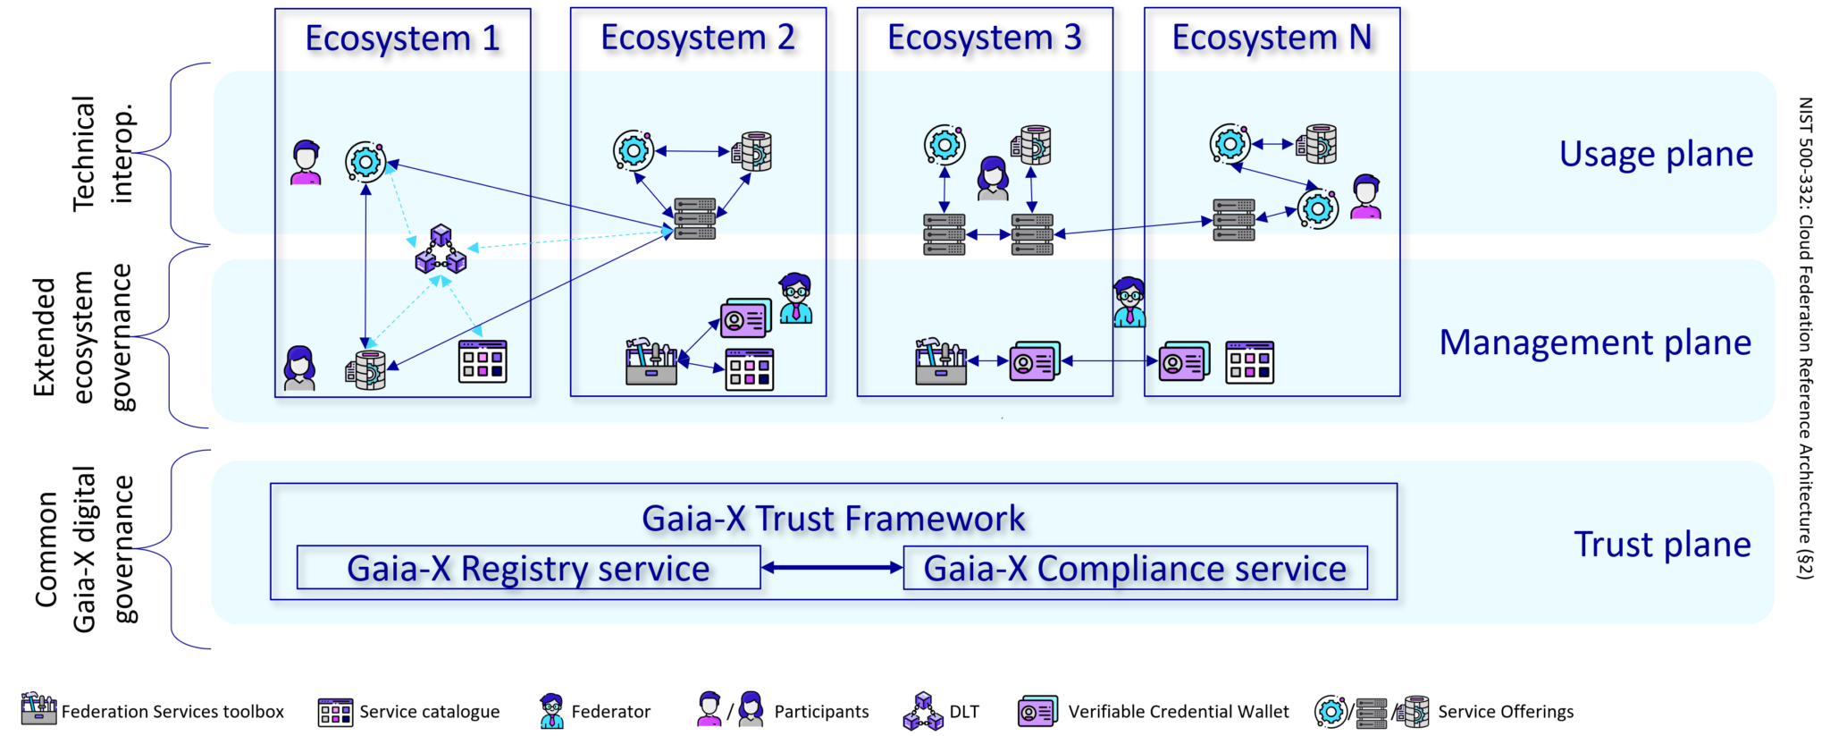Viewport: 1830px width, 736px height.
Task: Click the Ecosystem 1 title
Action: [402, 38]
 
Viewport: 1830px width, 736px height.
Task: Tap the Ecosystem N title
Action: [1272, 38]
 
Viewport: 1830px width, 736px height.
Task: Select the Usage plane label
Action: [1656, 154]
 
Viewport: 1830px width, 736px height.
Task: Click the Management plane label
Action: [1594, 343]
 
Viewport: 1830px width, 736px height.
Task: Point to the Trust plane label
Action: [1661, 545]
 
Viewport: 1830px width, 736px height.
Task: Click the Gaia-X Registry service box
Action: [528, 568]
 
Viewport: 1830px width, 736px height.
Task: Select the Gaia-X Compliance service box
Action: [1135, 568]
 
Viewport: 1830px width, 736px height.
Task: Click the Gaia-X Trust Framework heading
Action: [833, 519]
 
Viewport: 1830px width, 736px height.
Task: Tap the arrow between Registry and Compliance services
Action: [832, 567]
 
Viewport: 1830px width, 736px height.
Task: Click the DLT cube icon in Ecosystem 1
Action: [441, 250]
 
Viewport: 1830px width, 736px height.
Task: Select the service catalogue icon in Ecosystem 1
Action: [483, 361]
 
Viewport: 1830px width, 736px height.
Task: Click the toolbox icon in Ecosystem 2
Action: [651, 362]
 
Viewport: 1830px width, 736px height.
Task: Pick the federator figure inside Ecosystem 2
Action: [795, 298]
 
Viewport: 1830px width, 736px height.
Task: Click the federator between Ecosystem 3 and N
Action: [1129, 302]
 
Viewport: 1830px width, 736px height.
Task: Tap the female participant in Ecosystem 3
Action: [993, 178]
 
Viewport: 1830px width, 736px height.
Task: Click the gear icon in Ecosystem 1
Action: [365, 162]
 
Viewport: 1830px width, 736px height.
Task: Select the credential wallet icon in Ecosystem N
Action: [1184, 361]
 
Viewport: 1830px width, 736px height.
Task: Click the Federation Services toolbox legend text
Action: [172, 712]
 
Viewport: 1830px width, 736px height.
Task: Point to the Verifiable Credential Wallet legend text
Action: [1179, 712]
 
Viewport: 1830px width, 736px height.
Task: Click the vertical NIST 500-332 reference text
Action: [1805, 338]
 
